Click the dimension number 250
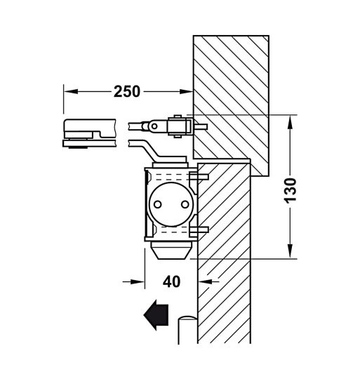pyautogui.click(x=127, y=91)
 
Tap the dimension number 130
pyautogui.click(x=290, y=190)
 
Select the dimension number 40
pyautogui.click(x=171, y=281)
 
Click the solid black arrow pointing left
pyautogui.click(x=156, y=315)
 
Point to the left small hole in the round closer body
pyautogui.click(x=157, y=204)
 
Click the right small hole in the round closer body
pyautogui.click(x=185, y=204)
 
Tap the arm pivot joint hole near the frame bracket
pyautogui.click(x=154, y=126)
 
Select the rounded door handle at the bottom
pyautogui.click(x=188, y=329)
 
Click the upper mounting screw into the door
pyautogui.click(x=199, y=176)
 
